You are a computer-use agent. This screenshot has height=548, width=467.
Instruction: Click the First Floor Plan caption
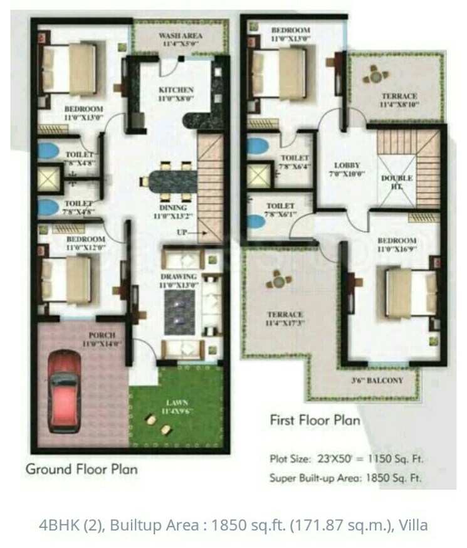[x=315, y=419]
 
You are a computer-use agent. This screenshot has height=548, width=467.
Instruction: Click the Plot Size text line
[x=345, y=458]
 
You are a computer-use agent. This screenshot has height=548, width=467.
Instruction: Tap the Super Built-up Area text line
[x=346, y=478]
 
